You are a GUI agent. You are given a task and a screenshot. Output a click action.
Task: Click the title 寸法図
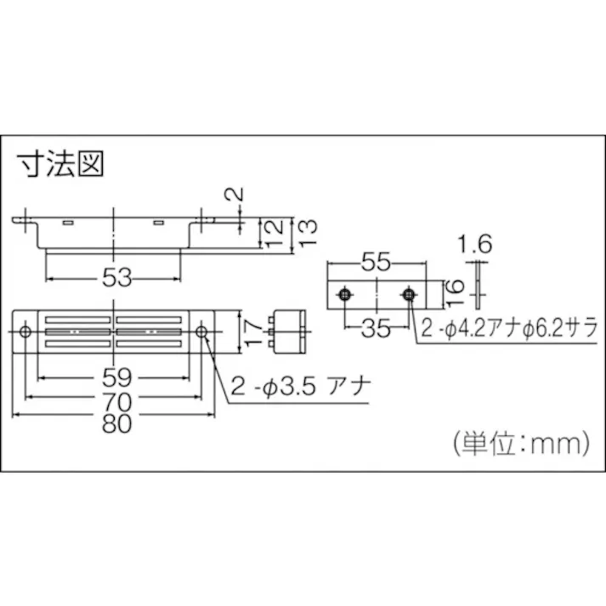(x=59, y=163)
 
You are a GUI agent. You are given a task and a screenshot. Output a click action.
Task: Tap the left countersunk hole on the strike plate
(x=344, y=295)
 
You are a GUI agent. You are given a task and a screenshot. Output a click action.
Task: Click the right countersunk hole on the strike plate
(x=409, y=295)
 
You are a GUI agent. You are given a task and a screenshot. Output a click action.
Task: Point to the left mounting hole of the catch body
(x=26, y=331)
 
